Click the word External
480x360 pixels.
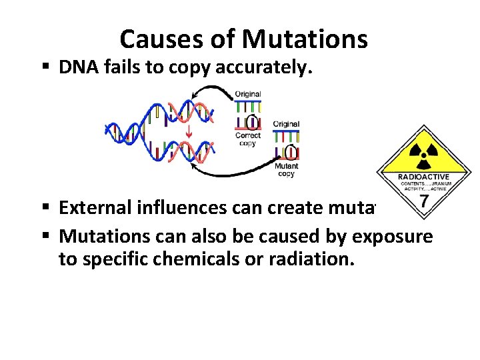(x=95, y=208)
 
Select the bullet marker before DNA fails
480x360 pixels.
(x=47, y=67)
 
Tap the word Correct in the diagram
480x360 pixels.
(x=247, y=135)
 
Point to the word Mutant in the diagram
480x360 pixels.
(x=287, y=166)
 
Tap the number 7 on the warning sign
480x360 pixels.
(x=423, y=200)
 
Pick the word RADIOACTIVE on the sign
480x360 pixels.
(x=423, y=177)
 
